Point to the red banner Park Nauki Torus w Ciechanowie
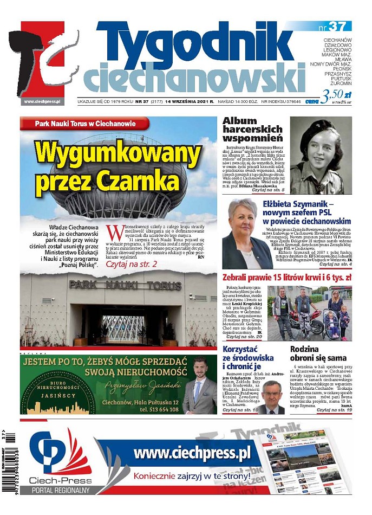pyautogui.click(x=84, y=124)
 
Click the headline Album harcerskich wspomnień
pyautogui.click(x=252, y=130)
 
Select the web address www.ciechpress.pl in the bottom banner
pyautogui.click(x=192, y=453)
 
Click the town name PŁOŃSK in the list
pyautogui.click(x=340, y=69)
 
